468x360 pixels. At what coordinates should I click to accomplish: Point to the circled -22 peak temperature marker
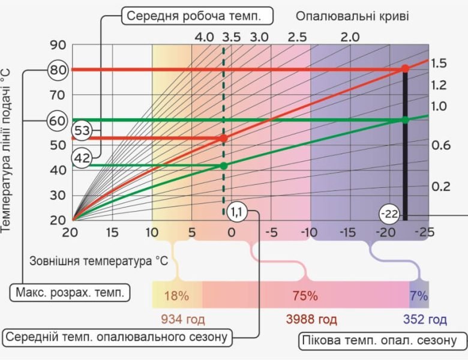pos(389,214)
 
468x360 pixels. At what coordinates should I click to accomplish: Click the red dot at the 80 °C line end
pos(405,69)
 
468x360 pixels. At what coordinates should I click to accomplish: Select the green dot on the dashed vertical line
pos(224,165)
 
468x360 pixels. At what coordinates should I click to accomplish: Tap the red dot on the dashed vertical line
pos(224,138)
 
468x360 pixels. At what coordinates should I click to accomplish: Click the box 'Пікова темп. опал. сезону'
pos(383,341)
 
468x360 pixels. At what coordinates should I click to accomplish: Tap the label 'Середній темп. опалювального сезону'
pos(118,337)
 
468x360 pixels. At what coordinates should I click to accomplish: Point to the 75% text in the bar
pos(305,296)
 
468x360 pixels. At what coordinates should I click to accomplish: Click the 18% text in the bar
pos(177,296)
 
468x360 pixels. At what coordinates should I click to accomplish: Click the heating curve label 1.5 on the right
pos(439,63)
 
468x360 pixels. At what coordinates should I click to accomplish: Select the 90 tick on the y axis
pos(58,45)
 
